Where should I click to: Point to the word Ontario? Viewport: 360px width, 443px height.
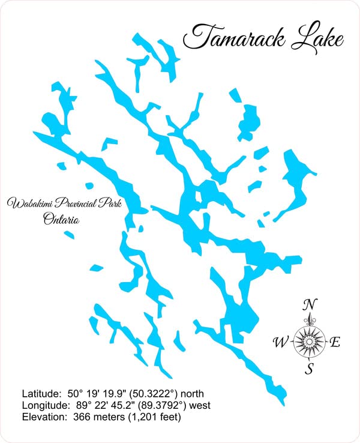click(61, 220)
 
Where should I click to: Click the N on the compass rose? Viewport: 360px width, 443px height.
click(310, 304)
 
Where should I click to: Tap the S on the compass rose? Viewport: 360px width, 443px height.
click(310, 369)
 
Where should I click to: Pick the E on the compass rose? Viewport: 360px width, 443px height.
click(335, 343)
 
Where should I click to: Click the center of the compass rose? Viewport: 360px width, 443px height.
click(310, 342)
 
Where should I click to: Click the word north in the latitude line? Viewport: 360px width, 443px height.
click(191, 394)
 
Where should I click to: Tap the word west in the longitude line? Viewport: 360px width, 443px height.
click(197, 405)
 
